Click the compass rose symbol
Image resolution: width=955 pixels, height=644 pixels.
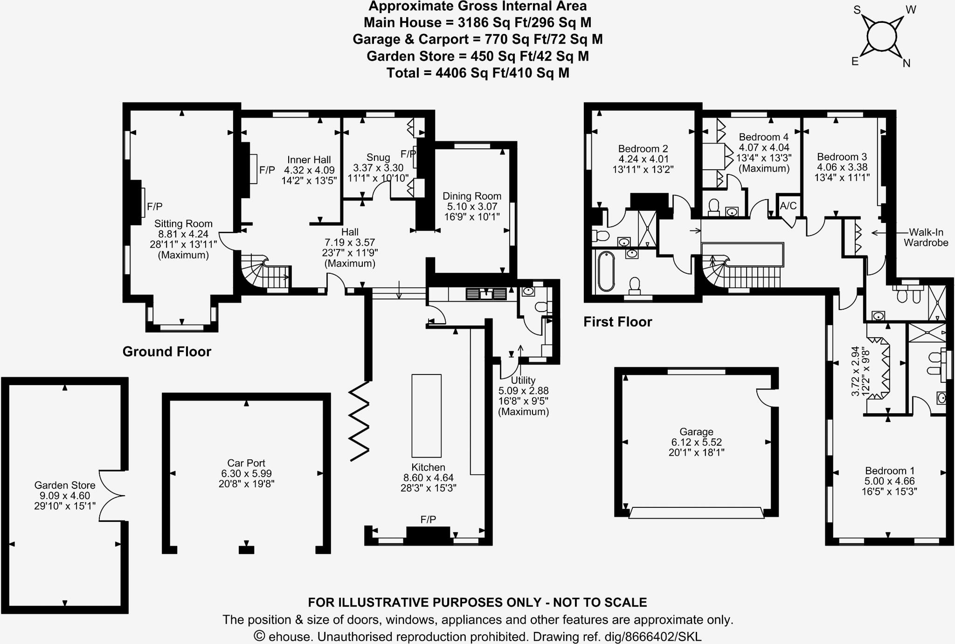(x=882, y=36)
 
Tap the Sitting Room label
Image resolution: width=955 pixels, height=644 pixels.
(x=183, y=224)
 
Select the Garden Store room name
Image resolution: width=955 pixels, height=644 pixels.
(x=65, y=485)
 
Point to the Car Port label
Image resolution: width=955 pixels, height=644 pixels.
(x=246, y=463)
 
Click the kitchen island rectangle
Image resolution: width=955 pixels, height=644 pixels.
(x=426, y=415)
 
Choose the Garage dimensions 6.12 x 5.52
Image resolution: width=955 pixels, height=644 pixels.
(x=696, y=442)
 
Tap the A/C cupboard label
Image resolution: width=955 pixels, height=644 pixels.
(x=788, y=206)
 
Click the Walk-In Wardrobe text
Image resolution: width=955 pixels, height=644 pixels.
(x=926, y=237)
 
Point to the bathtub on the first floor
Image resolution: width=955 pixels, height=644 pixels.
(x=603, y=271)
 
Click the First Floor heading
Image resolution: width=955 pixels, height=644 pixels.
(x=617, y=322)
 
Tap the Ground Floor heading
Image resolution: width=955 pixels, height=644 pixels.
(x=166, y=352)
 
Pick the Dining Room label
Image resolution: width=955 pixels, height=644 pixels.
(x=472, y=196)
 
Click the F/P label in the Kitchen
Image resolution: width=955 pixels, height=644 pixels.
(x=428, y=519)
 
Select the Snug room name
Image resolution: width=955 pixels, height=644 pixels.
(x=378, y=158)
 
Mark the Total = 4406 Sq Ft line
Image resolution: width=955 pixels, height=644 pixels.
(x=477, y=73)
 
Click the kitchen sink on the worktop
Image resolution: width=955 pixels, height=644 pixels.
(x=486, y=294)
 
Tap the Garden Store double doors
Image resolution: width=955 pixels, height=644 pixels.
(x=112, y=495)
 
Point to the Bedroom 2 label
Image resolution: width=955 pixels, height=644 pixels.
(x=643, y=149)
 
